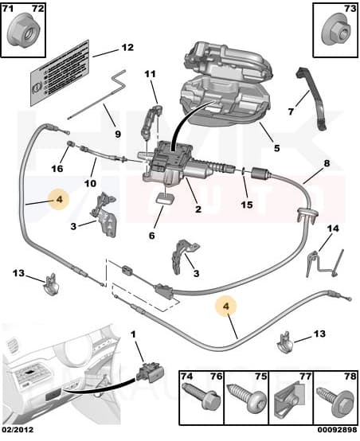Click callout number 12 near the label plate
127,47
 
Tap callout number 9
118,134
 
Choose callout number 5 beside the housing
276,147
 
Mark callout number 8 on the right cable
325,165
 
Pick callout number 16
57,169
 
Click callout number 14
333,228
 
